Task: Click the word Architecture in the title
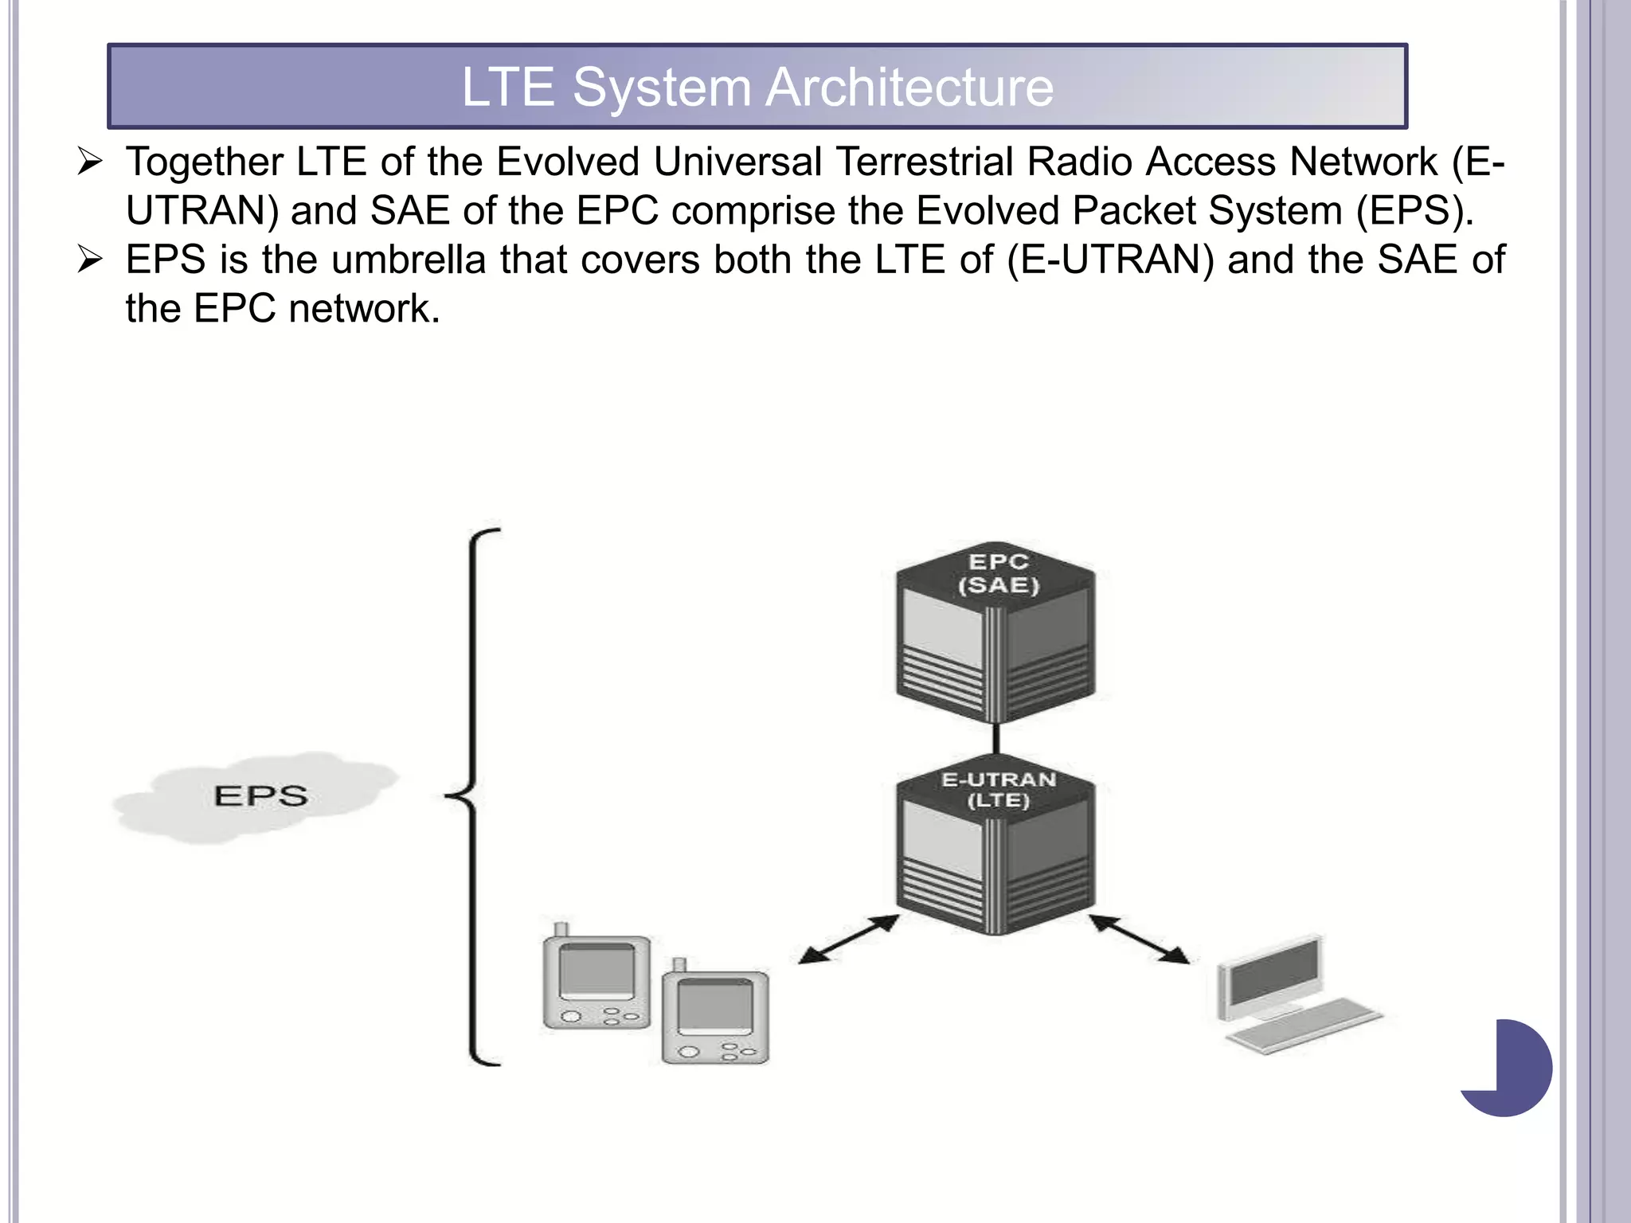tap(909, 87)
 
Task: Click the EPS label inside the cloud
tap(260, 795)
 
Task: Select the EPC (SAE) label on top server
tap(998, 573)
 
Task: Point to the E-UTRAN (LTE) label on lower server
tap(998, 790)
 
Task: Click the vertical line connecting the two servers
tap(995, 738)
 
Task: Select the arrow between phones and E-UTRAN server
tap(849, 940)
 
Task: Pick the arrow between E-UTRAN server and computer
tap(1139, 940)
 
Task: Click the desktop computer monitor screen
tap(1272, 974)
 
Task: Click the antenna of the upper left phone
tap(561, 930)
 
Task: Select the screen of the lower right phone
tap(714, 1007)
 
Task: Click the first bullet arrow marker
tap(90, 162)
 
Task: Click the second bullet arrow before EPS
tap(90, 260)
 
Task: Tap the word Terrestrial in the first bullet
tap(925, 162)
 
